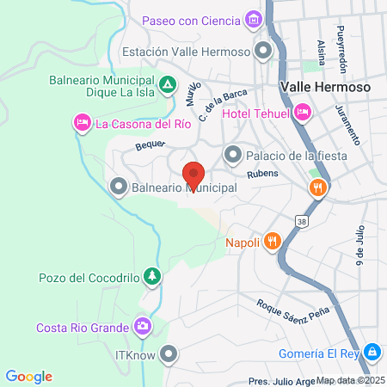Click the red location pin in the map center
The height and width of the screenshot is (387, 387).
[193, 175]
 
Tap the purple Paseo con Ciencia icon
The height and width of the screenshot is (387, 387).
[253, 20]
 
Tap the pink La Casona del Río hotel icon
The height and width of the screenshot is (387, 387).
[82, 123]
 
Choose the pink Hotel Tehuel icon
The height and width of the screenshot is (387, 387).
[302, 111]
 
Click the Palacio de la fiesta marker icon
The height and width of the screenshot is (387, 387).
[232, 155]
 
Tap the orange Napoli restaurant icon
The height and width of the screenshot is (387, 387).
[272, 242]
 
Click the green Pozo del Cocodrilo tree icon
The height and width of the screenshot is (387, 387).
[151, 276]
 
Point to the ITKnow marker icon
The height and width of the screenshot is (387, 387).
[169, 353]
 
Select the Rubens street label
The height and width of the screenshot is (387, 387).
[262, 175]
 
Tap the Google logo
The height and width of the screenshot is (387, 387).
[29, 376]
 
